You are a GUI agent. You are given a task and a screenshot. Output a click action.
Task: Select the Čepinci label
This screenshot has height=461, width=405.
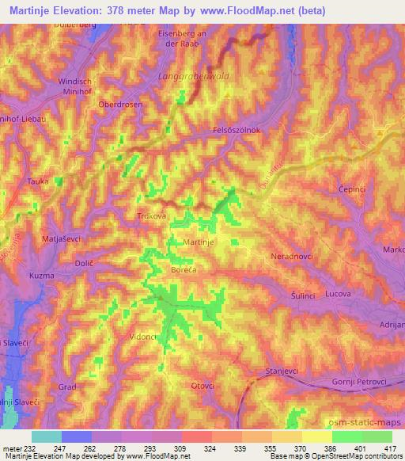[x=350, y=190]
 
